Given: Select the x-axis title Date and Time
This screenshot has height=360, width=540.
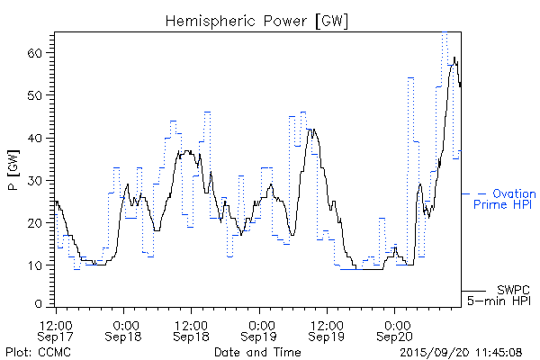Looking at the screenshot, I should [257, 352].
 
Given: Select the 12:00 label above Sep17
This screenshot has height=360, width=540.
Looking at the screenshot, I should [57, 323].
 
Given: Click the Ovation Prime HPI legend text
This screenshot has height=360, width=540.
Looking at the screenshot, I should [504, 199].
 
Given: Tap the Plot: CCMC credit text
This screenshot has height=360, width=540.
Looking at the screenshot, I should [32, 352].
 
